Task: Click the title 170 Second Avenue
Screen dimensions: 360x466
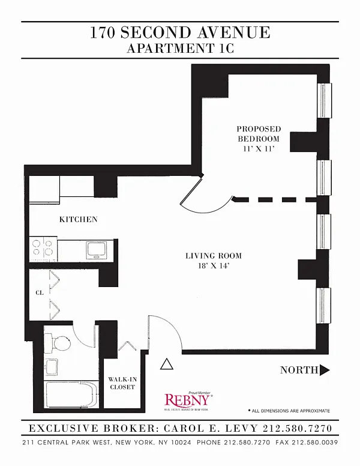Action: point(180,32)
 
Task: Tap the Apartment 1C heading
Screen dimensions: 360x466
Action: point(180,49)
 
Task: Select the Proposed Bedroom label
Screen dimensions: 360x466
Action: point(258,133)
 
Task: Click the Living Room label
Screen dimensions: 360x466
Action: point(214,256)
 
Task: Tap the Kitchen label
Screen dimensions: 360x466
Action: point(78,219)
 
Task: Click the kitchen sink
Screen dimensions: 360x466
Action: point(96,249)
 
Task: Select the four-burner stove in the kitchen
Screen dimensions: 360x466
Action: point(44,249)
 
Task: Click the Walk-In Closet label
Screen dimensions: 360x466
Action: point(121,383)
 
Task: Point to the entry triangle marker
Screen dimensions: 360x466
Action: point(167,364)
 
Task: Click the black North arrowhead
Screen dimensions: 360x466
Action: point(325,370)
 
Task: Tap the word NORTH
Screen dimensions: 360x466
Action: point(299,370)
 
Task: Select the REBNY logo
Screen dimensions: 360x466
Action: point(188,400)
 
